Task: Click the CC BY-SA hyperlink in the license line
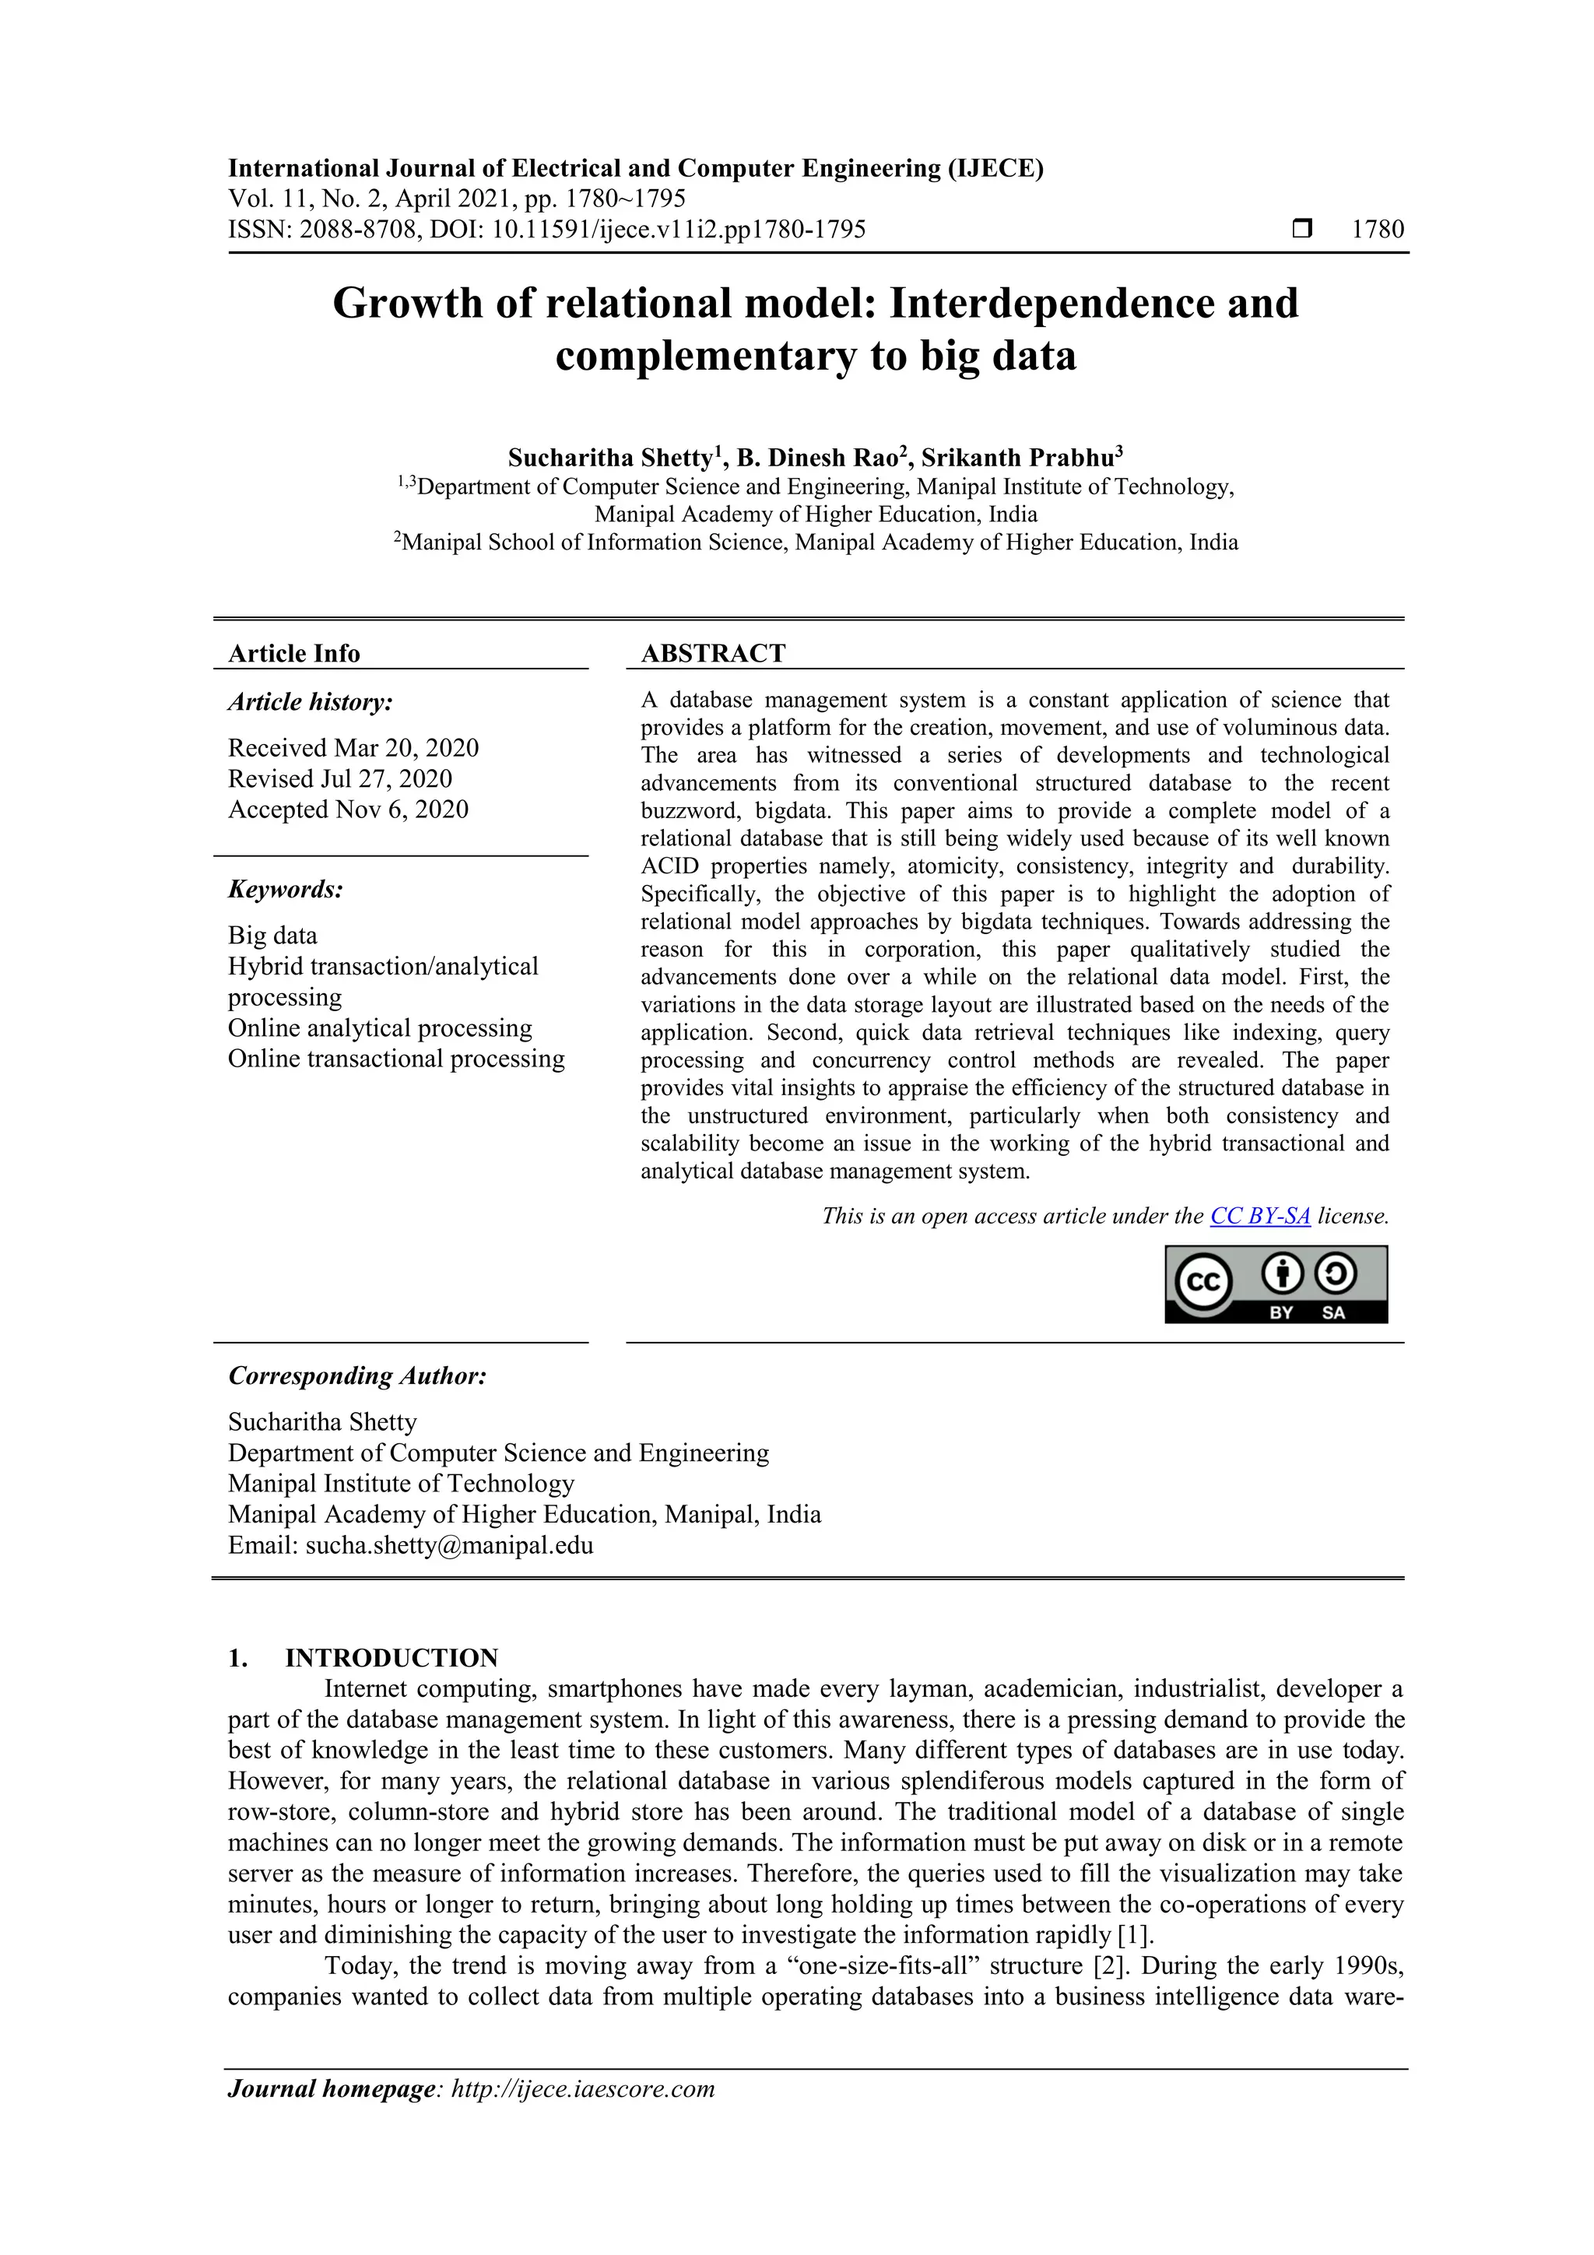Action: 1259,1216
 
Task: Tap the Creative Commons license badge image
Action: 1276,1284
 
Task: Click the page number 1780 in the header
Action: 1377,230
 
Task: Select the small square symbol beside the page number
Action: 1301,230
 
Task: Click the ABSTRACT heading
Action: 713,653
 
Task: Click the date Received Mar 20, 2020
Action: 353,747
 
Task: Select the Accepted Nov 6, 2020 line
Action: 348,810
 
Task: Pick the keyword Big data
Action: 272,935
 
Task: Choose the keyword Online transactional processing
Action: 396,1059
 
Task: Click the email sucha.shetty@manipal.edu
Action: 449,1545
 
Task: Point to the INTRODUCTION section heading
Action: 391,1658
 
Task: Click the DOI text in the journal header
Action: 648,230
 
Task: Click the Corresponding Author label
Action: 357,1376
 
